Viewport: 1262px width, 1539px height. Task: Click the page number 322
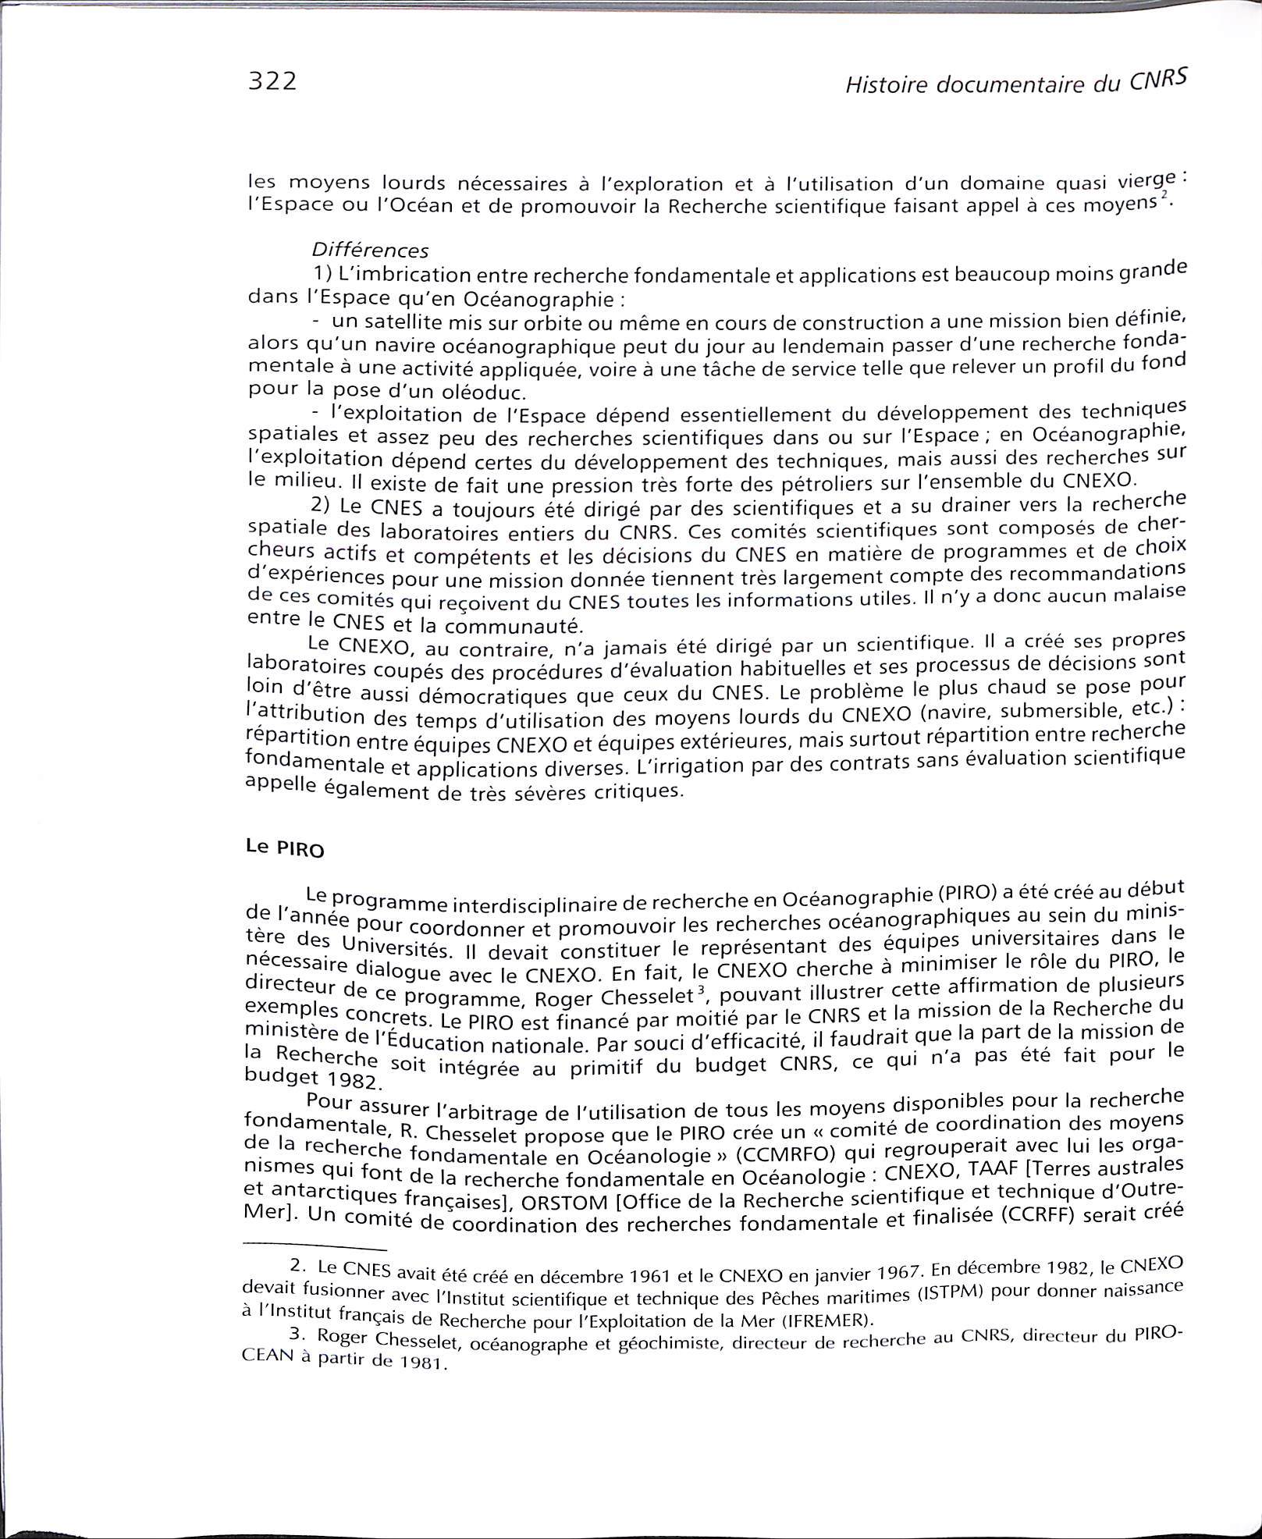[272, 81]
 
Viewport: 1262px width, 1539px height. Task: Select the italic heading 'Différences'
[369, 250]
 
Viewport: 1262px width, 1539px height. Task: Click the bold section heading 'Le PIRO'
[284, 849]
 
